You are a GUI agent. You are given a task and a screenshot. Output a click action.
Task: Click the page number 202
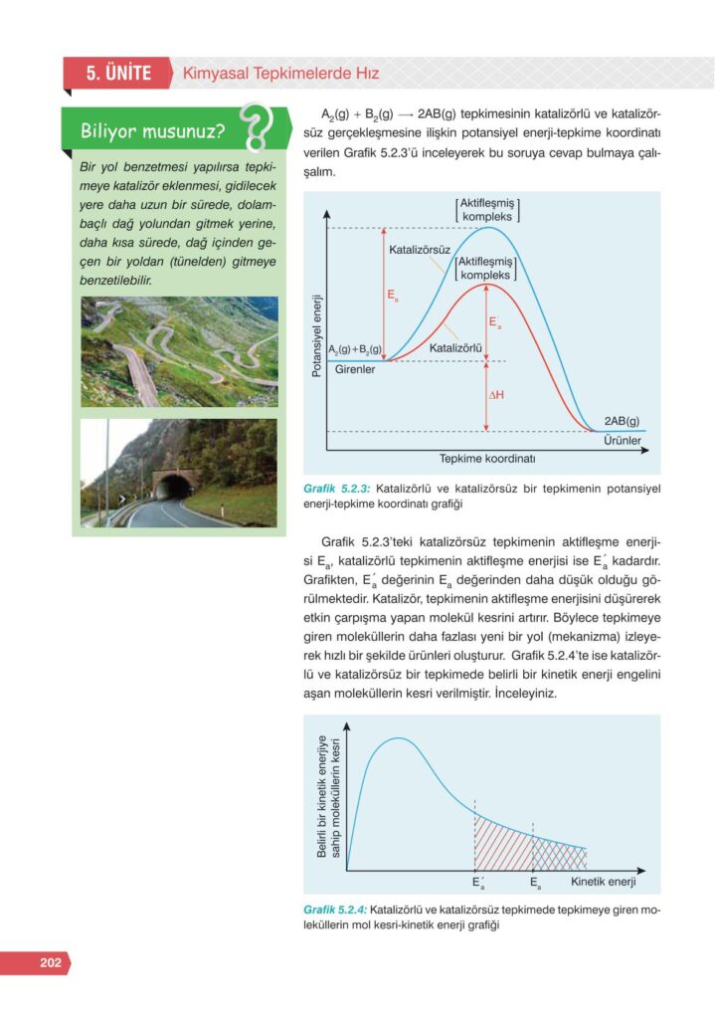pyautogui.click(x=51, y=962)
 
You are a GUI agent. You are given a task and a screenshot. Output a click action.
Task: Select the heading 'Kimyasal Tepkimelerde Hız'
pyautogui.click(x=279, y=74)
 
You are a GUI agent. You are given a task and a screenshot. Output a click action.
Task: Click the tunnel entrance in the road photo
pyautogui.click(x=176, y=488)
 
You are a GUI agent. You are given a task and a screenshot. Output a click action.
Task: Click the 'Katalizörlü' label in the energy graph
pyautogui.click(x=455, y=348)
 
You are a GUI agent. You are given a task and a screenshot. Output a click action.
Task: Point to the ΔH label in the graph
pyautogui.click(x=496, y=395)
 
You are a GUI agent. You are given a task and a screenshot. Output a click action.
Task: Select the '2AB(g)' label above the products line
pyautogui.click(x=622, y=420)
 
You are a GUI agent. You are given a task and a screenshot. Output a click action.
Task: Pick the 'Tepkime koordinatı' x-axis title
pyautogui.click(x=487, y=459)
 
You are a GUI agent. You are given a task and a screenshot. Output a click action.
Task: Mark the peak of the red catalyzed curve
pyautogui.click(x=486, y=284)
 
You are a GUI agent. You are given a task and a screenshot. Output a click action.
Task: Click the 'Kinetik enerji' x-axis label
pyautogui.click(x=603, y=882)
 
